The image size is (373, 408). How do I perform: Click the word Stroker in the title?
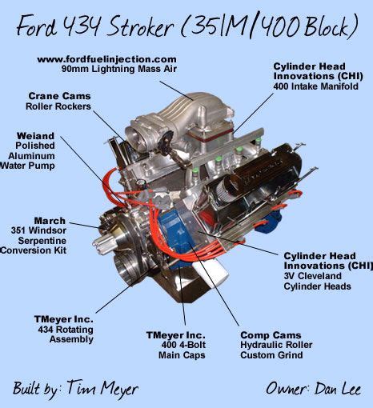[142, 26]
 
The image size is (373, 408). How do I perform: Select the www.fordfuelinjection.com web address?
[106, 59]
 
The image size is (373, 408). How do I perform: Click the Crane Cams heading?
[59, 96]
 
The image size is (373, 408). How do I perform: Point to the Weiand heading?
[35, 136]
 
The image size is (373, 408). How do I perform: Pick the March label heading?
[50, 221]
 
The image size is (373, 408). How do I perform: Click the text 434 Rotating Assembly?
[66, 334]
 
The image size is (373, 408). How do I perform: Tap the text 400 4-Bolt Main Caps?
[182, 350]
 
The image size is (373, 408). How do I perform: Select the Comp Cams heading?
[271, 335]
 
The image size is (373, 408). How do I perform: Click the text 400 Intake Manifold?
[315, 86]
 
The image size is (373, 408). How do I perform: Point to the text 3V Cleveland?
[312, 276]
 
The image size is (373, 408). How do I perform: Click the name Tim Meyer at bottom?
[102, 388]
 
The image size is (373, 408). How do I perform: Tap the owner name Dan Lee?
[338, 388]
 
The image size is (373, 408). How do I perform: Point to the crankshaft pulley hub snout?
[103, 242]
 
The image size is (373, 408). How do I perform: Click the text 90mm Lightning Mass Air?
[119, 69]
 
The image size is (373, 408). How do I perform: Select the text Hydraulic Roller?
[276, 345]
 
